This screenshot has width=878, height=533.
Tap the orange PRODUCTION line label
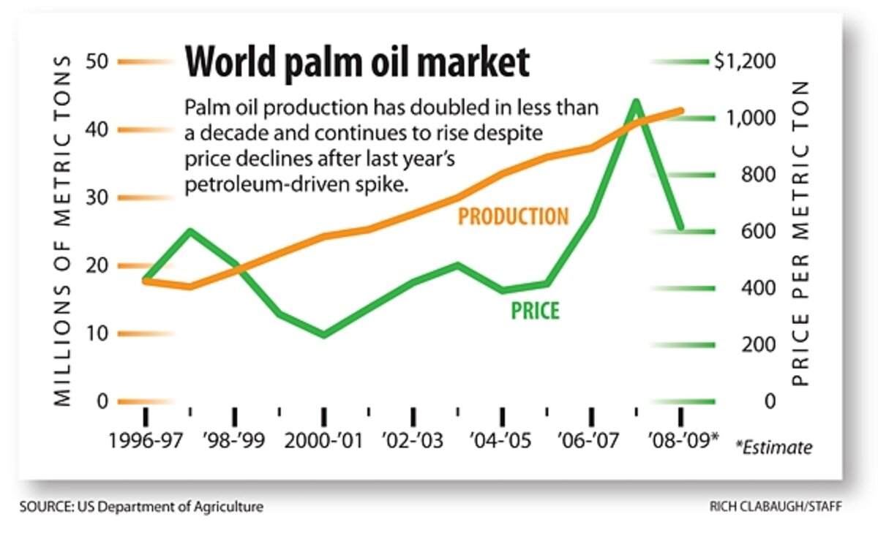pos(513,216)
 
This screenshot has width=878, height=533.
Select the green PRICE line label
pos(535,311)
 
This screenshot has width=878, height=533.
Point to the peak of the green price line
pos(636,102)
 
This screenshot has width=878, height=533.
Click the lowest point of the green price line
pos(323,336)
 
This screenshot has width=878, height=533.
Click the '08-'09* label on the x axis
pos(680,442)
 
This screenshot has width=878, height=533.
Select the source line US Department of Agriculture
pos(142,507)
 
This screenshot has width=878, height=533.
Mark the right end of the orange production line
pos(681,110)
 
